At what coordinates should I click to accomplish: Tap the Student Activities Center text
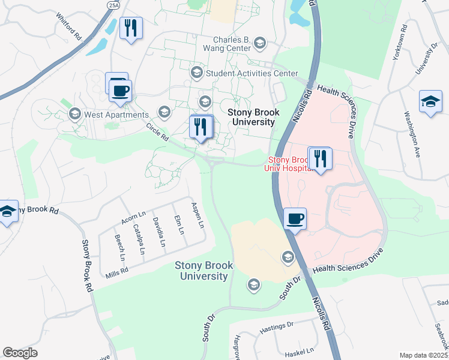click(x=252, y=73)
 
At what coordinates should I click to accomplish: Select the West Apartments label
click(x=116, y=115)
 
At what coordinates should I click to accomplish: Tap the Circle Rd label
click(x=157, y=132)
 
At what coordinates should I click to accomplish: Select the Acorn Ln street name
click(x=133, y=218)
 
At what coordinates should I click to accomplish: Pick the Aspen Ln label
click(x=197, y=215)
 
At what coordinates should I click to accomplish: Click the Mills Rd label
click(x=117, y=271)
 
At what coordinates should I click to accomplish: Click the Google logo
click(x=20, y=353)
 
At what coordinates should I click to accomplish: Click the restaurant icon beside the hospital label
click(x=320, y=158)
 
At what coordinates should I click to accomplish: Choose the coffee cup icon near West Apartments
click(x=121, y=90)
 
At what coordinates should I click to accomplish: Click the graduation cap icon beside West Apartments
click(x=75, y=113)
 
